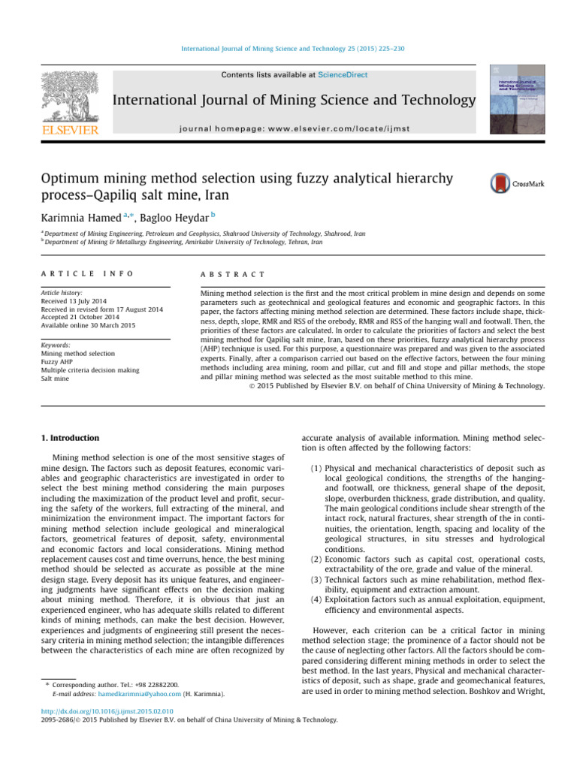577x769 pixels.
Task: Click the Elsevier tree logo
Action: click(68, 97)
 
